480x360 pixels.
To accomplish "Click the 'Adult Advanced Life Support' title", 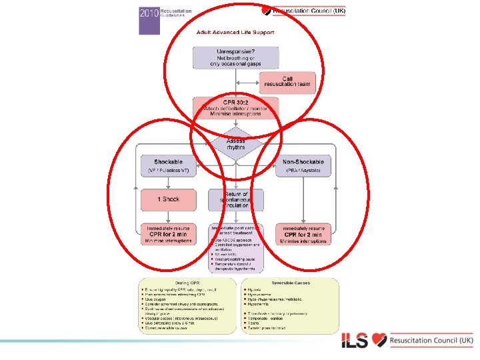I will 235,32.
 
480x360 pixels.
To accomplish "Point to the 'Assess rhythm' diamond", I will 235,145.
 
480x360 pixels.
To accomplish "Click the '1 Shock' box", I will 169,199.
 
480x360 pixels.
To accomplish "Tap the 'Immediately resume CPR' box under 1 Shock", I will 169,235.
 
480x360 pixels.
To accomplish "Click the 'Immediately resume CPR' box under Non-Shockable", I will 303,235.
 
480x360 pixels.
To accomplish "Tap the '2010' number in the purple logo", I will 148,13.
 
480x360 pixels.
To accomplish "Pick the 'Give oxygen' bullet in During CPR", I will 157,299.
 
